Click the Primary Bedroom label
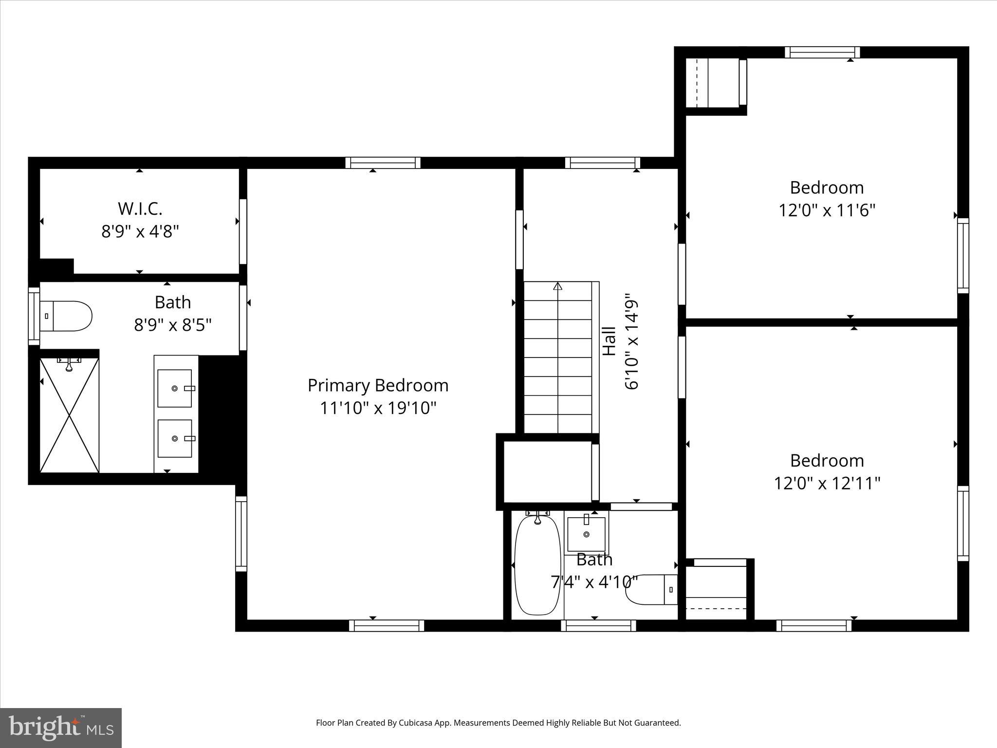point(378,385)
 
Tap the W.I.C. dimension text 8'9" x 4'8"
point(140,231)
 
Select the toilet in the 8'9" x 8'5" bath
point(66,316)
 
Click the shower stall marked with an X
point(69,415)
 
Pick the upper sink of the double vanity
point(174,388)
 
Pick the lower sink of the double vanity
point(174,438)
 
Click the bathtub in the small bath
point(537,565)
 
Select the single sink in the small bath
point(586,534)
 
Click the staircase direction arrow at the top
point(558,286)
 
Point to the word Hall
point(609,341)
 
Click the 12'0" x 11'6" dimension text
point(827,211)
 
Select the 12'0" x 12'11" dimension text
point(827,484)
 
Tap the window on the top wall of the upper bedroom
point(822,52)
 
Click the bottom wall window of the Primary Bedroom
point(387,626)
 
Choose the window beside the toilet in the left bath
point(34,316)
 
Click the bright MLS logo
point(61,728)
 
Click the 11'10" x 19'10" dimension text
point(378,408)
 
